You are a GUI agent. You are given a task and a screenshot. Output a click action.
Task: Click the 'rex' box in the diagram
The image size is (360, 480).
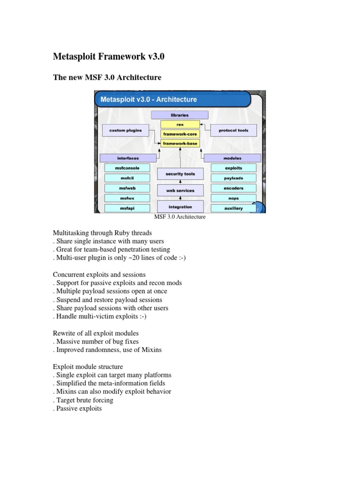[x=180, y=125]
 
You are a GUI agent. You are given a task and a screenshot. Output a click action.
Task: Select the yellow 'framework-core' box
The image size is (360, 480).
[x=180, y=134]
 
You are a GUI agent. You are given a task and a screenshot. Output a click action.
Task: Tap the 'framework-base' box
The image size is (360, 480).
[x=180, y=143]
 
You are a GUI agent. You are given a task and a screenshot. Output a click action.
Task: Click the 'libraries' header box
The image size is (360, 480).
[x=180, y=114]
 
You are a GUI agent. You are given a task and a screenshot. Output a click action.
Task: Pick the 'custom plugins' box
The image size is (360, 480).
[x=125, y=130]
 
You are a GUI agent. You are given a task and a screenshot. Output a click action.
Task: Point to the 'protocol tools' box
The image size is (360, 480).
[x=234, y=130]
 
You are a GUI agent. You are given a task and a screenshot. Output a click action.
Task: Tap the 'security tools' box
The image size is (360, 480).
[x=180, y=174]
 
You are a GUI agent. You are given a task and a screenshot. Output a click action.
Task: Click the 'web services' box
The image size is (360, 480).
[x=180, y=191]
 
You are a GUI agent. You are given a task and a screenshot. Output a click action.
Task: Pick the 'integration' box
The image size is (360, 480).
[x=180, y=207]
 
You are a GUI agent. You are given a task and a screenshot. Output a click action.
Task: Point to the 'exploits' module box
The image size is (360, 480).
[x=233, y=168]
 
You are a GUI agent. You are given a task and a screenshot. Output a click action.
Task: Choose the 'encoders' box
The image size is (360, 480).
[x=233, y=188]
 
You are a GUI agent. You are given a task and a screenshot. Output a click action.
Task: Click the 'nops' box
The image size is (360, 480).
[x=233, y=198]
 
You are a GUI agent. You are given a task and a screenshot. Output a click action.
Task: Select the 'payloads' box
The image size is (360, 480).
[x=233, y=178]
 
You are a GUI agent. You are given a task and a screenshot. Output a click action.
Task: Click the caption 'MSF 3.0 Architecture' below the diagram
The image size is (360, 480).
[x=180, y=217]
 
